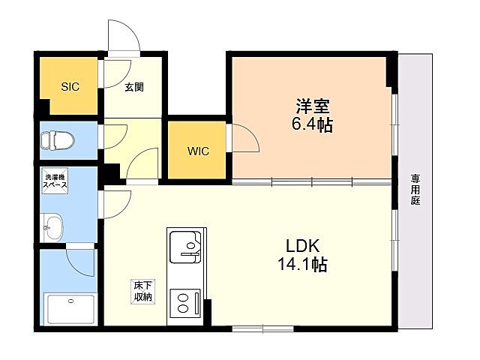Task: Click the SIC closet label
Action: (x=70, y=87)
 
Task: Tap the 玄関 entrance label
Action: (x=134, y=87)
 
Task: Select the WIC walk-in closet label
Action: (x=198, y=151)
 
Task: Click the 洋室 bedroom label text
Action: (x=312, y=106)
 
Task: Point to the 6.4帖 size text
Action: (x=312, y=124)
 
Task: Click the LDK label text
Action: (x=303, y=245)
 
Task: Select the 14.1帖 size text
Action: (x=302, y=264)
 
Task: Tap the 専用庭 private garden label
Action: (x=415, y=190)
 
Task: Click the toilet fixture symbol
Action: (x=58, y=140)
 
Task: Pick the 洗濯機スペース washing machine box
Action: (x=55, y=181)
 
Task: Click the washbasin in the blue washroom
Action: (x=52, y=227)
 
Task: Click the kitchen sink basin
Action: (x=185, y=247)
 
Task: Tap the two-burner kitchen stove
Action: (x=185, y=303)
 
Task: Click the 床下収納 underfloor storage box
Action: (x=143, y=292)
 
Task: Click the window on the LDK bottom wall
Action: (x=263, y=329)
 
